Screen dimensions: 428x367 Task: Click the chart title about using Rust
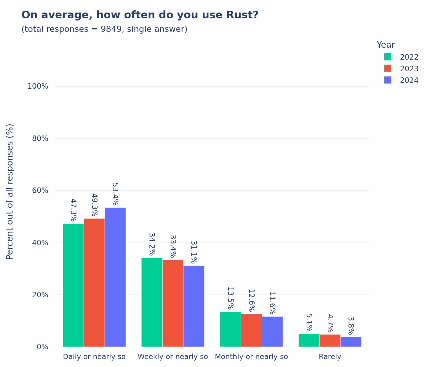[x=140, y=15]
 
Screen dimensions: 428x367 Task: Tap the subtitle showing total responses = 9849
[x=104, y=29]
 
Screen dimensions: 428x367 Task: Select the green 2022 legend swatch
[x=388, y=57]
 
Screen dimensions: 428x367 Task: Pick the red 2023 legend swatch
[x=388, y=68]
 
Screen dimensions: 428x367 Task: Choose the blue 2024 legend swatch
[x=388, y=80]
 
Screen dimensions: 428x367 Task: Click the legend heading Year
[x=386, y=45]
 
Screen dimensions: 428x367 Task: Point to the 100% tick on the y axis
[x=38, y=86]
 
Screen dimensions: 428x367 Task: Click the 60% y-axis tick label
[x=40, y=190]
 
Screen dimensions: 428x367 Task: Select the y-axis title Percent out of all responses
[x=10, y=191]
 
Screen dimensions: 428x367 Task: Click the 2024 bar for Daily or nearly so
[x=115, y=277]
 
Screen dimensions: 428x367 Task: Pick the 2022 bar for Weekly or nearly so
[x=152, y=302]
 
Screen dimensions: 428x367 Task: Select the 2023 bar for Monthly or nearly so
[x=251, y=330]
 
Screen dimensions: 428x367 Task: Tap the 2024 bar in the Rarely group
[x=351, y=342]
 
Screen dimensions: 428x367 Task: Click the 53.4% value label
[x=115, y=194]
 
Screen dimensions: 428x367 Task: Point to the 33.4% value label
[x=173, y=246]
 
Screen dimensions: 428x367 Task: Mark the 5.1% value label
[x=309, y=322]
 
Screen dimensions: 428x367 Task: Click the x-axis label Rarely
[x=330, y=357]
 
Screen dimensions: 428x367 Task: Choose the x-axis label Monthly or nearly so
[x=251, y=357]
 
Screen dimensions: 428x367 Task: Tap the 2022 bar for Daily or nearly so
[x=73, y=285]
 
